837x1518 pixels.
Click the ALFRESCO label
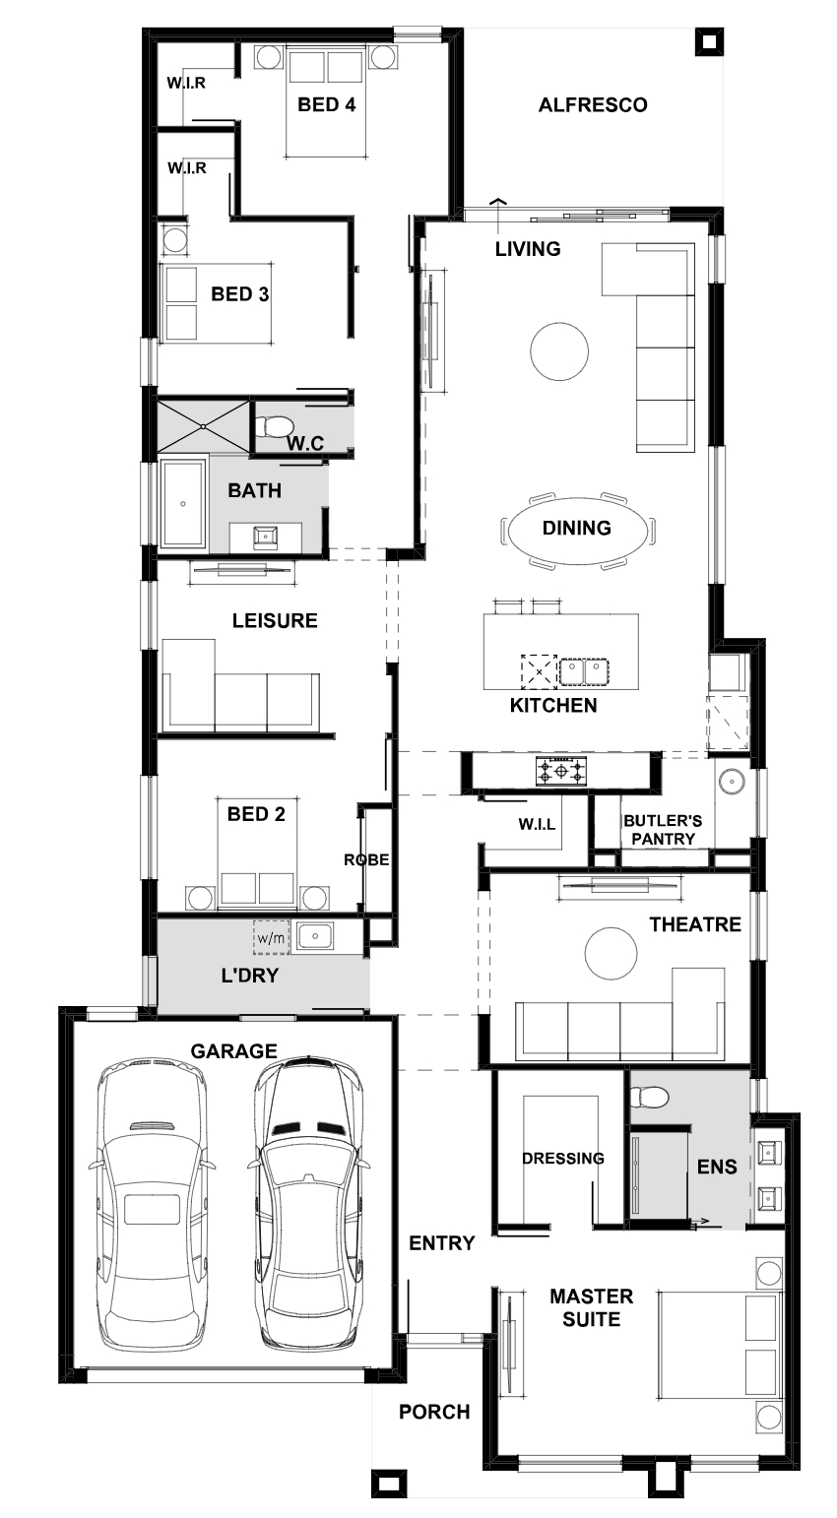[593, 105]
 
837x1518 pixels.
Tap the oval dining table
[577, 528]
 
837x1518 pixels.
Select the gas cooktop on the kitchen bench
[561, 771]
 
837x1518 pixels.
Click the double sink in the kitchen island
[584, 672]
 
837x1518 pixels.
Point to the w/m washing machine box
[271, 938]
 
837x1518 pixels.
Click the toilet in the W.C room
[274, 425]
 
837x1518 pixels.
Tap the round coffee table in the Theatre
[611, 952]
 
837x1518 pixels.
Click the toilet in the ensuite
[649, 1097]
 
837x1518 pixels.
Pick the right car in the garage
[308, 1200]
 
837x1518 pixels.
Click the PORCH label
[434, 1412]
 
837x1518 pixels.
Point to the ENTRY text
[442, 1243]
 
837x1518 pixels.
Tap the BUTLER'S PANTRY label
[663, 830]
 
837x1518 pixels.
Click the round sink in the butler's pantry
[732, 782]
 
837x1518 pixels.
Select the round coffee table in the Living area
[559, 351]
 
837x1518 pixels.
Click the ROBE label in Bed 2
[366, 860]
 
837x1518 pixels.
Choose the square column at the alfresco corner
[709, 42]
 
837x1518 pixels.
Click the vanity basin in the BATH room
[265, 538]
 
